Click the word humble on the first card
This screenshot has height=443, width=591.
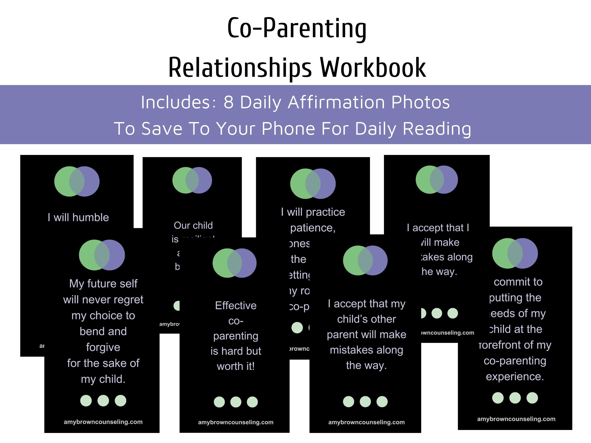[91, 217]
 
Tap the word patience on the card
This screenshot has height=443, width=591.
[312, 228]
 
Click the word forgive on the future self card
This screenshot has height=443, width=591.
[103, 347]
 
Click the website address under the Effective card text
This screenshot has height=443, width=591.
[236, 422]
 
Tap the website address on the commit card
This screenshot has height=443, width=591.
[516, 419]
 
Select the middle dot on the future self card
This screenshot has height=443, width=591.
[103, 400]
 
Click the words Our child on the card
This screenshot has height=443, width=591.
[193, 225]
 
